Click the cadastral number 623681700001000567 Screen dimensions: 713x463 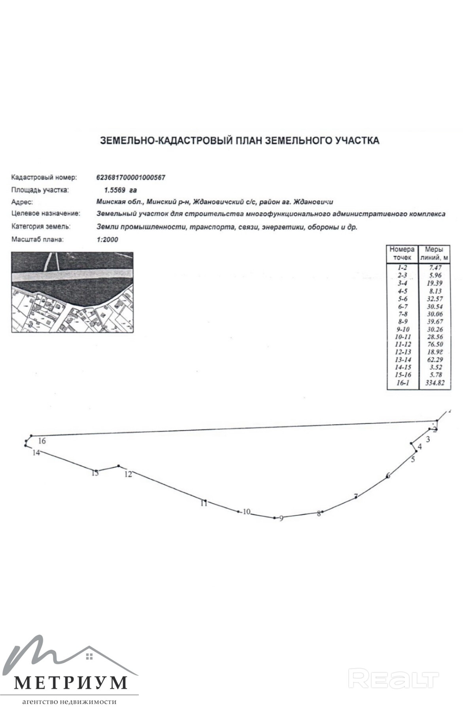131,177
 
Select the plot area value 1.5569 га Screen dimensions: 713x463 118,190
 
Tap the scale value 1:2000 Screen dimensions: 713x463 107,240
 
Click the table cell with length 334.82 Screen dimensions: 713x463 434,383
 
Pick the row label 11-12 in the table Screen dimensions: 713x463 402,344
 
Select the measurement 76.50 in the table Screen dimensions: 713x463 434,344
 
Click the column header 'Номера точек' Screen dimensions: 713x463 402,254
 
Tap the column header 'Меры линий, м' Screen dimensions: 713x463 434,254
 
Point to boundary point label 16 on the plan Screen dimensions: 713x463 42,441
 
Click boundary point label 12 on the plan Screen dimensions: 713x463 128,474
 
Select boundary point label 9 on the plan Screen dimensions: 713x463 281,519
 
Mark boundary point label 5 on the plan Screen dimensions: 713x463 413,460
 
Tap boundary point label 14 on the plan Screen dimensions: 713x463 36,453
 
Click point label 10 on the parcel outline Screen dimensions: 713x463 247,512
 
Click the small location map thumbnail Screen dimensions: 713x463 72,292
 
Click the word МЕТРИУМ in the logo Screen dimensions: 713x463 71,682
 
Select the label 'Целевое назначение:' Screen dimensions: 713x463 46,214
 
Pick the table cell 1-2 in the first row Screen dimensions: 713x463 402,268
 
